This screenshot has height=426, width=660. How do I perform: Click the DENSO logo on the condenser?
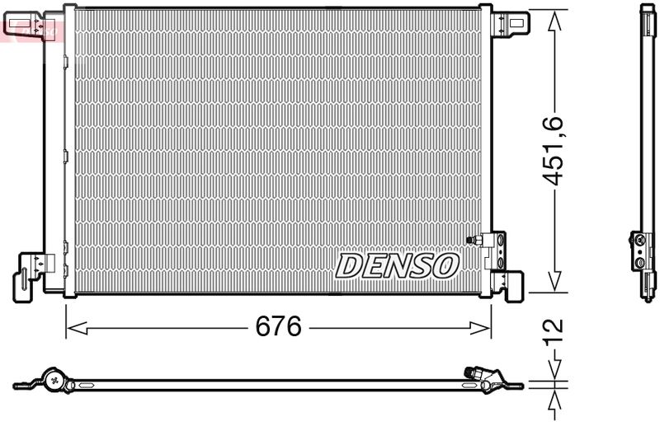(x=397, y=264)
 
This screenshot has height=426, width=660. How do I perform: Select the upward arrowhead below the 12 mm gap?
(x=555, y=396)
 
